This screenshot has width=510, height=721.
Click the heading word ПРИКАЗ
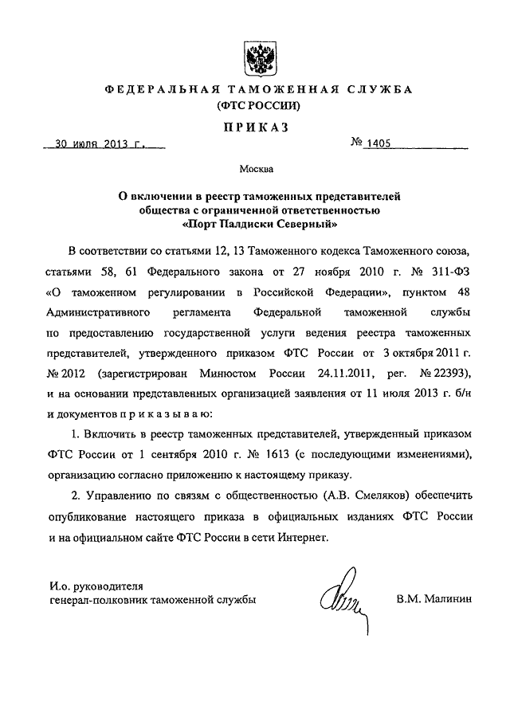[x=255, y=127]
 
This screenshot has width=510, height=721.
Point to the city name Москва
[x=256, y=168]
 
